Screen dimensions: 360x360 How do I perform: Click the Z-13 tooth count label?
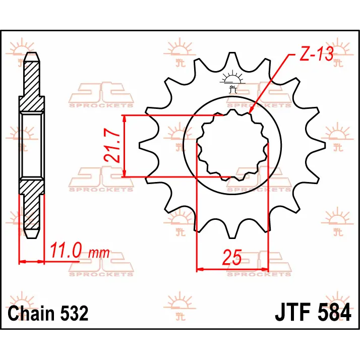click(x=316, y=54)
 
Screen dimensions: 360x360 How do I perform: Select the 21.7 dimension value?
click(x=112, y=145)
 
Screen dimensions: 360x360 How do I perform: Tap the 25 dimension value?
click(x=232, y=257)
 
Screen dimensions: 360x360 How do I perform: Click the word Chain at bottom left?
click(x=31, y=313)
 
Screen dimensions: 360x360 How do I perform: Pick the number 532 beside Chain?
click(x=74, y=314)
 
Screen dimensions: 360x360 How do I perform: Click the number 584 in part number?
click(x=334, y=312)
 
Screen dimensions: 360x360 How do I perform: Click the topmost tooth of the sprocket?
click(x=232, y=59)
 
